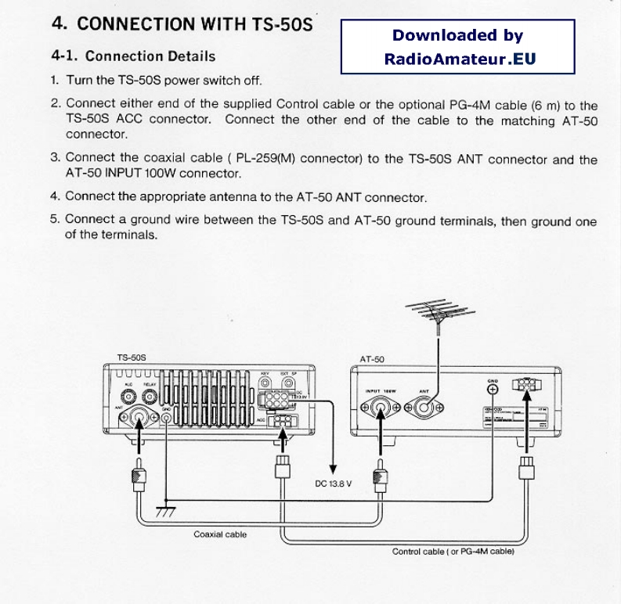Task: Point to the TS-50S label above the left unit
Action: point(132,358)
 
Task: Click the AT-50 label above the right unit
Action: point(371,359)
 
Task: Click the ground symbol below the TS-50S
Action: point(166,509)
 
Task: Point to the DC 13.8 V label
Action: point(334,484)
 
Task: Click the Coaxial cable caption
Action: point(220,535)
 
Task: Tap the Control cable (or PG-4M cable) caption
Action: point(453,552)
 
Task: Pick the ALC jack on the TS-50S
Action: point(128,394)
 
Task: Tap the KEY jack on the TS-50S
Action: point(265,384)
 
